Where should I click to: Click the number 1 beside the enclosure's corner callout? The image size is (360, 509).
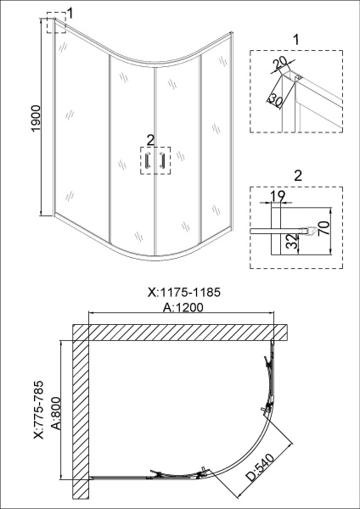(x=70, y=13)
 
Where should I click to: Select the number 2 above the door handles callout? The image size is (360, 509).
(x=150, y=138)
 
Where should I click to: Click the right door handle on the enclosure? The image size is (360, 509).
(x=159, y=162)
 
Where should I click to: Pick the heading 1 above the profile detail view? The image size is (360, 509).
(x=296, y=39)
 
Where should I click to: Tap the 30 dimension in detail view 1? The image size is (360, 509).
(x=275, y=101)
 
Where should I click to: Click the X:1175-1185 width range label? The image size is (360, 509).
(x=183, y=293)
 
